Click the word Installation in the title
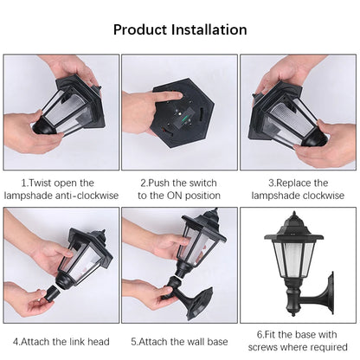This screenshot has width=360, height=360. tap(210, 29)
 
